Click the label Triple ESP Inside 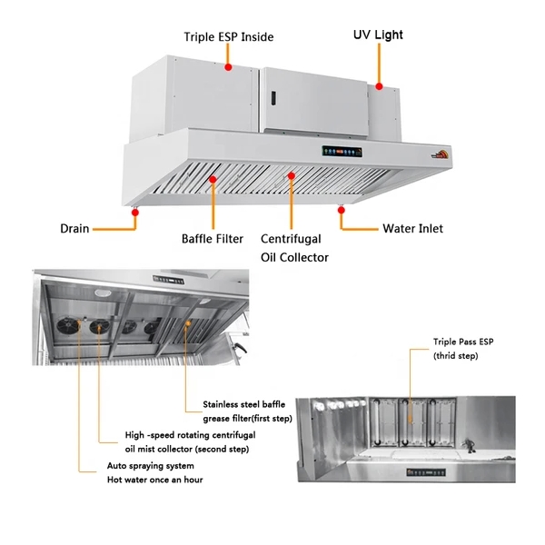[x=228, y=37]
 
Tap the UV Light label [x=378, y=35]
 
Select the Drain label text [x=74, y=228]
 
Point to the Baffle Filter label [x=213, y=239]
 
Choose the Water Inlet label [x=412, y=228]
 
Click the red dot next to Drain [x=134, y=212]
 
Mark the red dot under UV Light [x=379, y=86]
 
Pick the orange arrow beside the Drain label [x=113, y=228]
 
